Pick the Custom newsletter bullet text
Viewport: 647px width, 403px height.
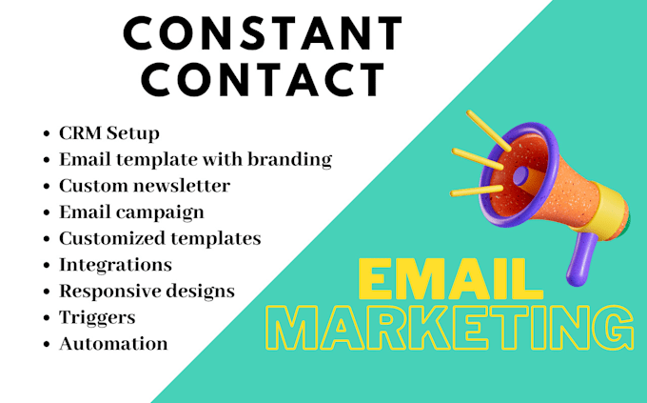coord(145,186)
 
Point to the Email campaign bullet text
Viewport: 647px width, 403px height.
coord(131,212)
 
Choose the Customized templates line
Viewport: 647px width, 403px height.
coord(160,238)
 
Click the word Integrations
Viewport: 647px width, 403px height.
coord(115,264)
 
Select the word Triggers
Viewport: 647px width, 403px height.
coord(97,316)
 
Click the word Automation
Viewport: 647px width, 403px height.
coord(113,343)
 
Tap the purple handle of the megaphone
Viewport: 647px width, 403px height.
coord(579,256)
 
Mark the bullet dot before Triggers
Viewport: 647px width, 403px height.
coord(47,317)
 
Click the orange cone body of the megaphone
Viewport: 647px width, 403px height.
coord(557,181)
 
